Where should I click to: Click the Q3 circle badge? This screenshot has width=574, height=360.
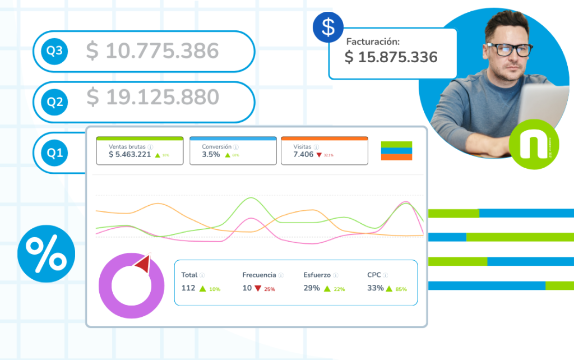[54, 52]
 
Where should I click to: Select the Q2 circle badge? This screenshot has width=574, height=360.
[54, 102]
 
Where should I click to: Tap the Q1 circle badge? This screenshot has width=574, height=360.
[54, 153]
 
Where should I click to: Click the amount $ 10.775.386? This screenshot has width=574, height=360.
[152, 51]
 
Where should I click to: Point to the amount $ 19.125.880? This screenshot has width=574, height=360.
[152, 97]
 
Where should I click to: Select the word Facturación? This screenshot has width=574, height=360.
[373, 41]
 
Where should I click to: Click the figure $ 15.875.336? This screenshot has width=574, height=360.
[391, 57]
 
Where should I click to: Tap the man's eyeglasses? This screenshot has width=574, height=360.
[508, 49]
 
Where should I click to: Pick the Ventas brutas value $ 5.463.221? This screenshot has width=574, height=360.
[129, 154]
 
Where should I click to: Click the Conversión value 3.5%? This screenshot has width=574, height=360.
[211, 154]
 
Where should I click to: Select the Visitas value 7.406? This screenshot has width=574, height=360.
[303, 154]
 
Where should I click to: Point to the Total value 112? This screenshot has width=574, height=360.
[188, 288]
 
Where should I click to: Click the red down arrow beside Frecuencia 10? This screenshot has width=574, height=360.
[258, 288]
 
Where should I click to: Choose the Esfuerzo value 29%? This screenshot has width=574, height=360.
[312, 288]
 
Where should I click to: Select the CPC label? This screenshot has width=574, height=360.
[374, 275]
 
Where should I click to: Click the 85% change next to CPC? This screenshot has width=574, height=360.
[401, 289]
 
